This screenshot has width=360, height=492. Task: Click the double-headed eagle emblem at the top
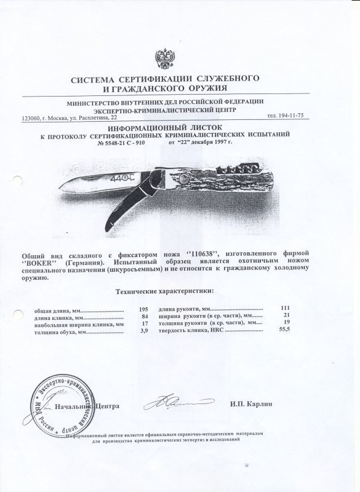167,59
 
